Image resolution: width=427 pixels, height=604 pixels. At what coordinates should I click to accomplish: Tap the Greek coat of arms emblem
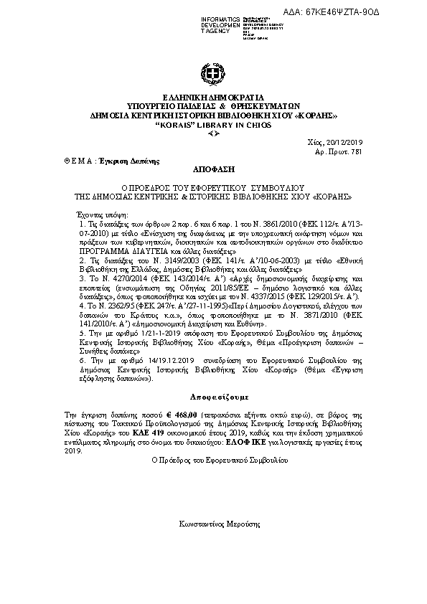coord(213,74)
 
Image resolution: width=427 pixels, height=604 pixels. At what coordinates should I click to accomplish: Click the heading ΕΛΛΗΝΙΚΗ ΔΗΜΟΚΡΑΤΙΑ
coord(213,98)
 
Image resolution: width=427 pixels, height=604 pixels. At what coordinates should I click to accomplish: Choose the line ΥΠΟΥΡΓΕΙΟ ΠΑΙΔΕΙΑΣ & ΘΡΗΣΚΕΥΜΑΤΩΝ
coord(213,106)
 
